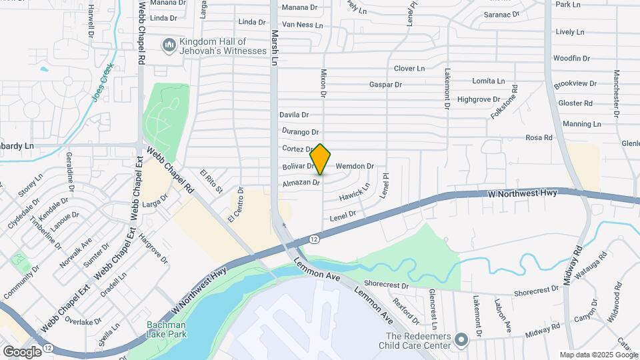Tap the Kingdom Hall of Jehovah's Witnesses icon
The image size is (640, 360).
(169, 45)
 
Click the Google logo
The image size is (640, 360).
(22, 351)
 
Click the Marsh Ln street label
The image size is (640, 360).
(273, 47)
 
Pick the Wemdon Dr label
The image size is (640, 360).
(355, 166)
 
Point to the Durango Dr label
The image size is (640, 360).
(300, 132)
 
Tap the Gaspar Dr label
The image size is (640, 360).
(386, 85)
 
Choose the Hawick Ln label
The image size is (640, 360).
(354, 194)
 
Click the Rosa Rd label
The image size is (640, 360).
(539, 138)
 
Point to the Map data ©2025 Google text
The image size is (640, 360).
(598, 355)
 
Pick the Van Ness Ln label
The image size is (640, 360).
(303, 25)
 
